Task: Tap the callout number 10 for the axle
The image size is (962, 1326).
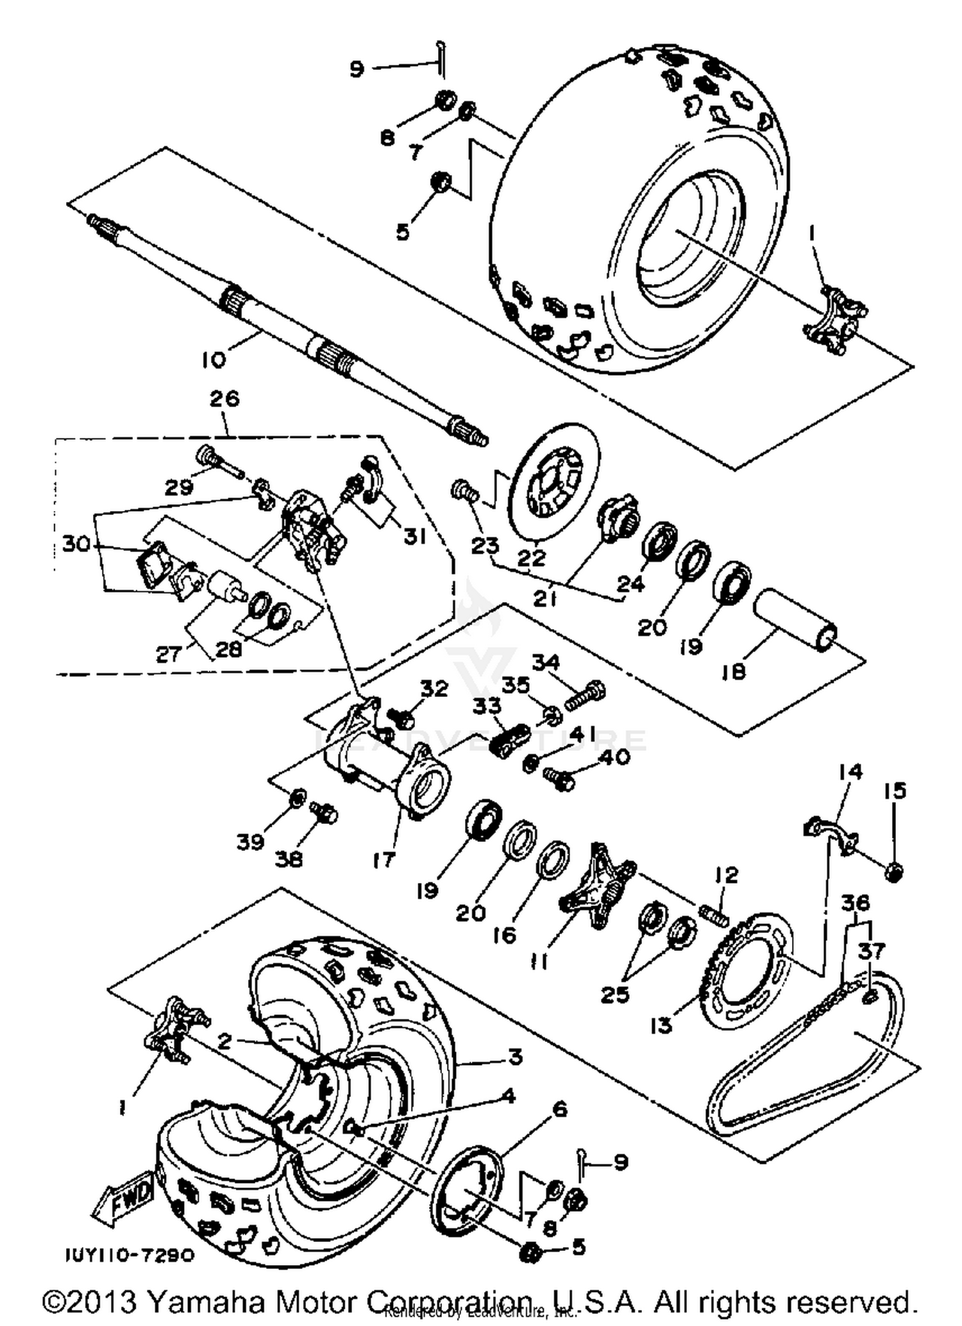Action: pyautogui.click(x=214, y=360)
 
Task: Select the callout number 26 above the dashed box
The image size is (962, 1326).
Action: pyautogui.click(x=224, y=398)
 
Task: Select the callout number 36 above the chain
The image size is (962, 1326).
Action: pyautogui.click(x=855, y=903)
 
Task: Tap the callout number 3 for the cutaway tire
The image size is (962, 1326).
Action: pyautogui.click(x=515, y=1056)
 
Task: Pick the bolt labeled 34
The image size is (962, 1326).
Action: pyautogui.click(x=585, y=694)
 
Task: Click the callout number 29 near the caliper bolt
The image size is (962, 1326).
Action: pyautogui.click(x=179, y=487)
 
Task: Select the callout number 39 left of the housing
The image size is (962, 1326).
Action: pyautogui.click(x=250, y=842)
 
